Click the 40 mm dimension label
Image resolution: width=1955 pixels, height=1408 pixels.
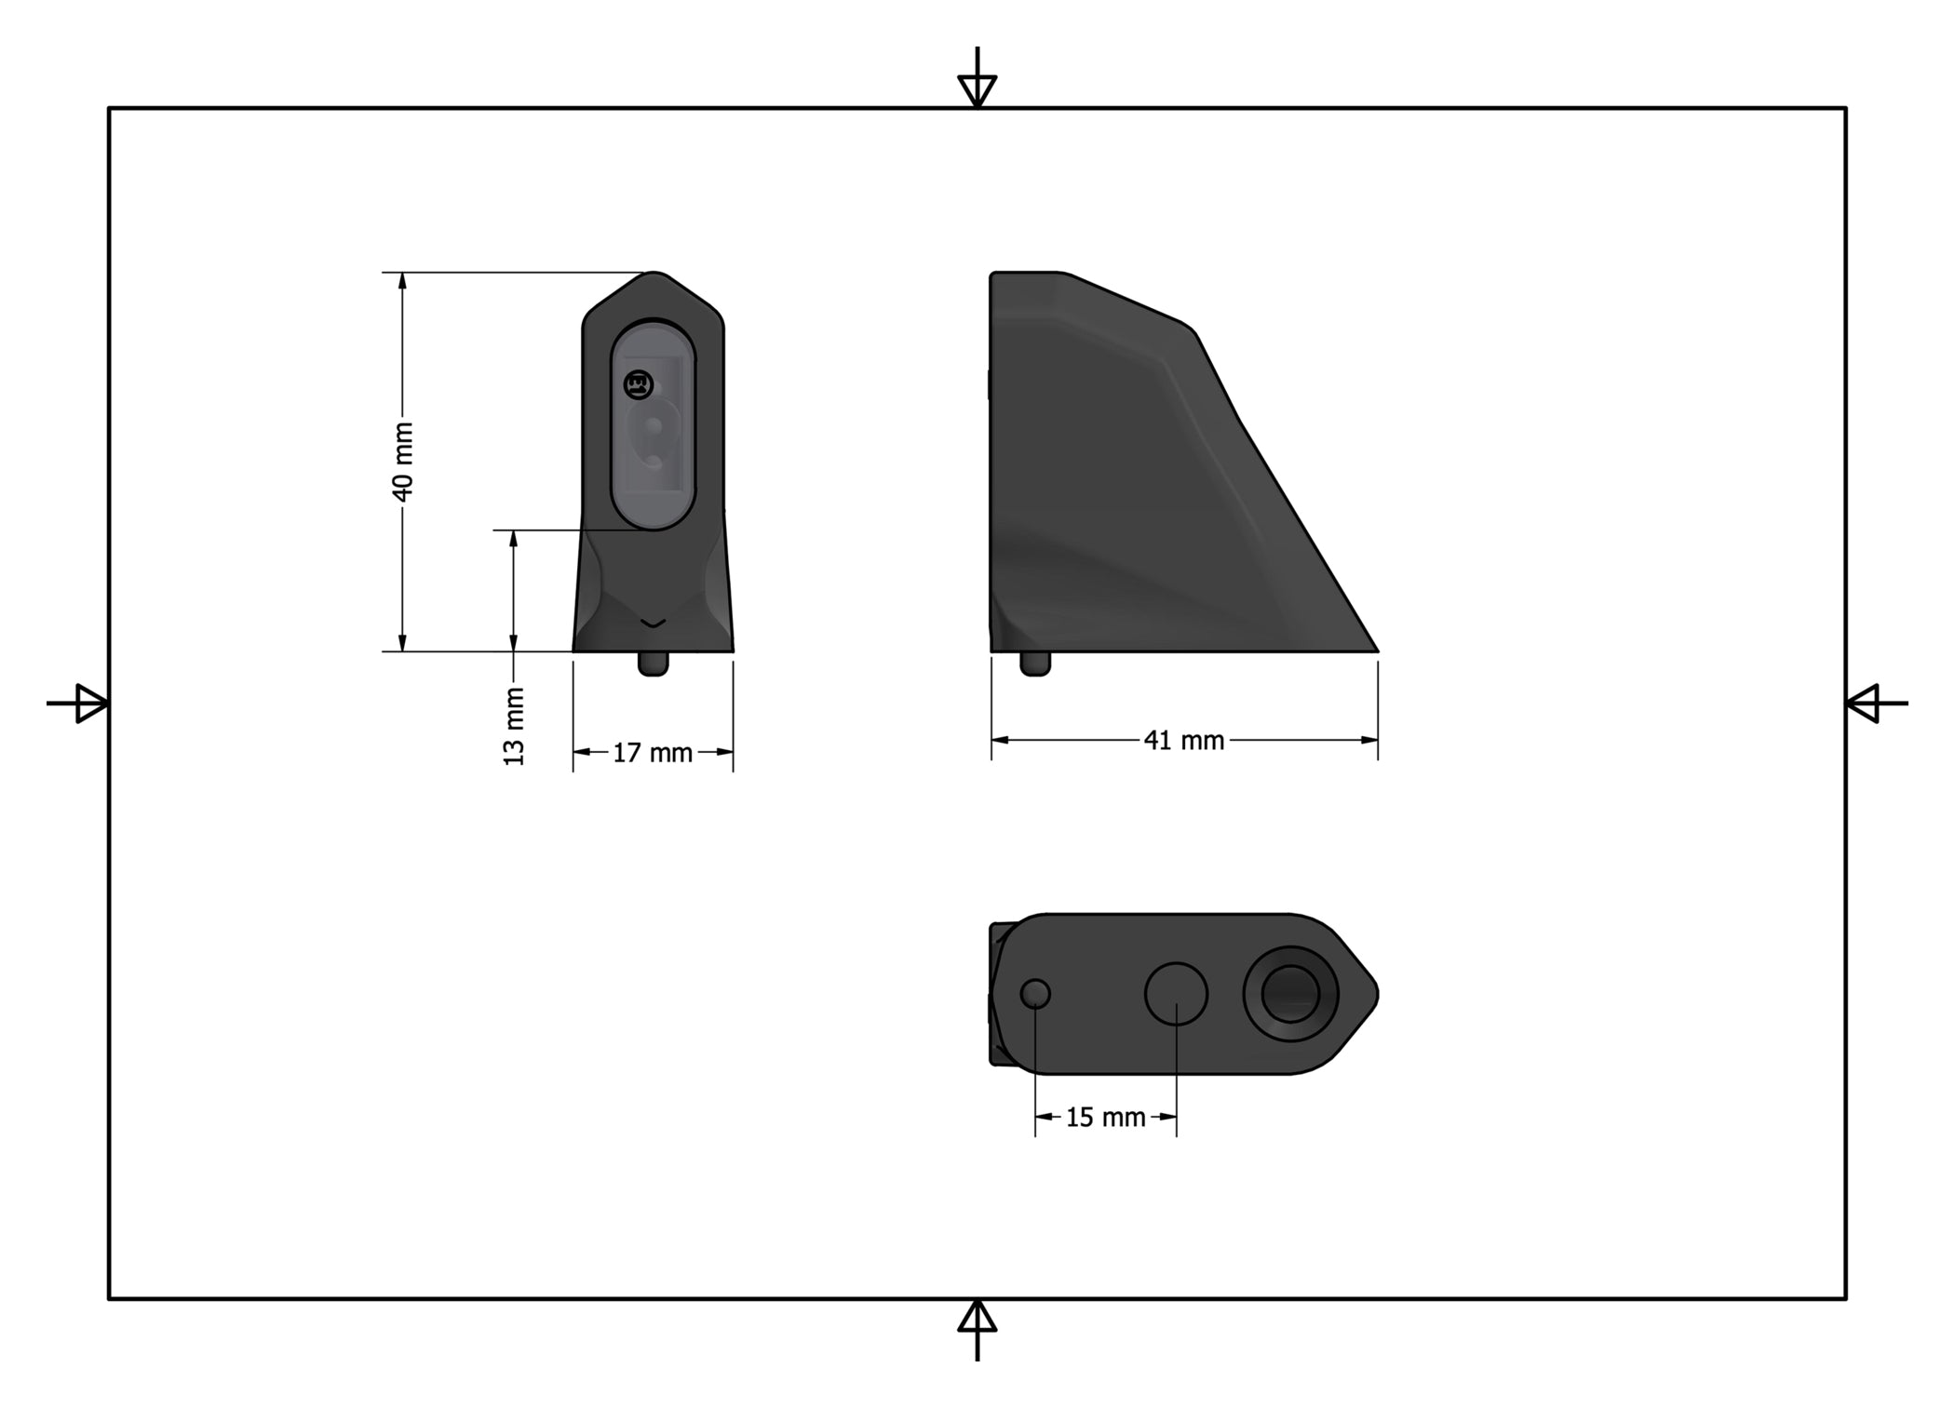[402, 462]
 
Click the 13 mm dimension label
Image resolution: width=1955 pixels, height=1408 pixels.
[514, 726]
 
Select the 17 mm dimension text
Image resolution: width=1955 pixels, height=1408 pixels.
[653, 753]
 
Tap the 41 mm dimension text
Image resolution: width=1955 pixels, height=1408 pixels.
[1184, 741]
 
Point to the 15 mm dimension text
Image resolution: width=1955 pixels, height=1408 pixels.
[1106, 1118]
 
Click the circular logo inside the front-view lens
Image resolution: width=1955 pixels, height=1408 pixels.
[639, 383]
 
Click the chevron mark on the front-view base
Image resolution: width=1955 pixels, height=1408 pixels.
[654, 622]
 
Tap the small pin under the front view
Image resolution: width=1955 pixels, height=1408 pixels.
[654, 664]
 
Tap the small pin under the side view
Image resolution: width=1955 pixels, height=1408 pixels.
[1035, 664]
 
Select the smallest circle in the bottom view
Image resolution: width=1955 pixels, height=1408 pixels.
[1035, 994]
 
